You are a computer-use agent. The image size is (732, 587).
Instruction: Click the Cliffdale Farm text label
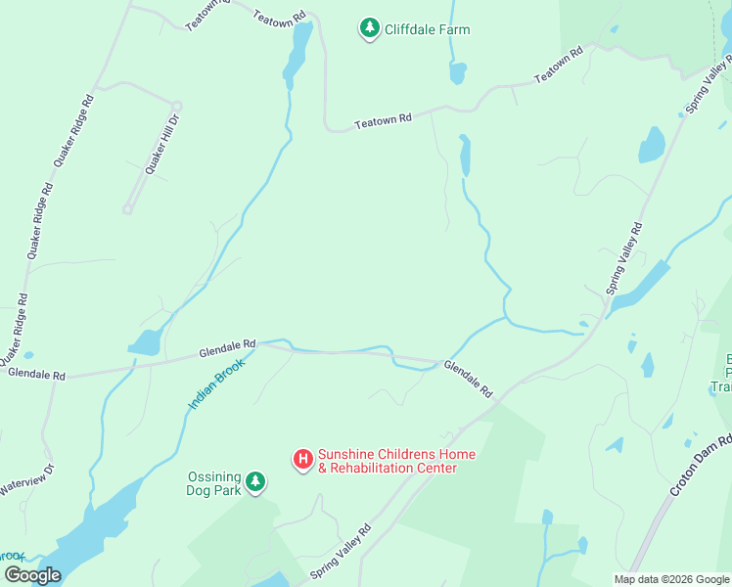pyautogui.click(x=427, y=29)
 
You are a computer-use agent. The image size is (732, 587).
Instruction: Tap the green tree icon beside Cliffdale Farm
pyautogui.click(x=370, y=29)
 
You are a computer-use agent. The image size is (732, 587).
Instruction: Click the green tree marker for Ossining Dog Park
pyautogui.click(x=255, y=481)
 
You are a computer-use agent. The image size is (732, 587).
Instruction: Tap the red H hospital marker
pyautogui.click(x=303, y=458)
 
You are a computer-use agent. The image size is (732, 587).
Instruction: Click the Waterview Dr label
pyautogui.click(x=25, y=478)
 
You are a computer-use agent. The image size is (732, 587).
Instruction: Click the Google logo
pyautogui.click(x=32, y=574)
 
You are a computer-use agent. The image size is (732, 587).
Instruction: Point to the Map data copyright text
pyautogui.click(x=670, y=579)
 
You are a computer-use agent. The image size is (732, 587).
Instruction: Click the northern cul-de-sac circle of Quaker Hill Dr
pyautogui.click(x=177, y=106)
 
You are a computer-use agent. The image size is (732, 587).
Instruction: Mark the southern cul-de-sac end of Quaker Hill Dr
pyautogui.click(x=127, y=208)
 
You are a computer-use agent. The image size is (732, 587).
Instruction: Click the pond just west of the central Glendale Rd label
pyautogui.click(x=144, y=342)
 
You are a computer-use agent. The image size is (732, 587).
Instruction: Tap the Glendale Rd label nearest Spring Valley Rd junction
pyautogui.click(x=469, y=380)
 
